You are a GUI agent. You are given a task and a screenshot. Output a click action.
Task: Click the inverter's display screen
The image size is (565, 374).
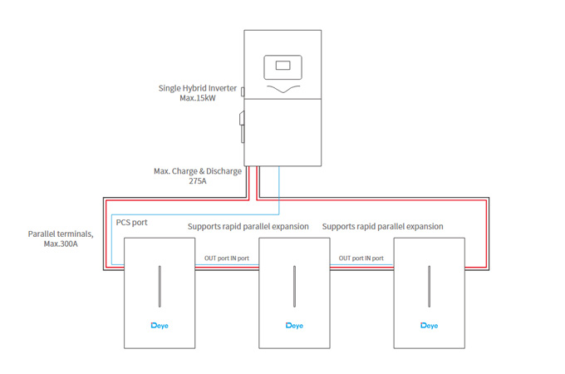click(x=282, y=65)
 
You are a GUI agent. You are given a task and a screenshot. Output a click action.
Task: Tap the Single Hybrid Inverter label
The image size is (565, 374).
click(x=198, y=87)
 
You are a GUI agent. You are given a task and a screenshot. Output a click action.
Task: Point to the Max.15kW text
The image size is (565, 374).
click(x=198, y=98)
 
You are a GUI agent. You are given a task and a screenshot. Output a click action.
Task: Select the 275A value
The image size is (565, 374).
click(x=198, y=182)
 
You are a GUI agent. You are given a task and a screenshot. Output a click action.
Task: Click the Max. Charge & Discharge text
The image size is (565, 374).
click(x=198, y=171)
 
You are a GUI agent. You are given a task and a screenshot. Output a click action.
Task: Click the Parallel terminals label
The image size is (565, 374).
click(x=61, y=234)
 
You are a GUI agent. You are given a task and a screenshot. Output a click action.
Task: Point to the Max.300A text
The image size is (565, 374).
click(x=61, y=245)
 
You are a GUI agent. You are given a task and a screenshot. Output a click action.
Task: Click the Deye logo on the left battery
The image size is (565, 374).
click(x=159, y=325)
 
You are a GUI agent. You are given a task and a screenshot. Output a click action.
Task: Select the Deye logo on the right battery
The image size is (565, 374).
click(x=428, y=325)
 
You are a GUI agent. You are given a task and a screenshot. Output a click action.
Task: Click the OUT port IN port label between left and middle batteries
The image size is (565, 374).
click(x=226, y=258)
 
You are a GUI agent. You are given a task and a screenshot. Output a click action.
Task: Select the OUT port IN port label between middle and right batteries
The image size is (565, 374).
click(x=361, y=258)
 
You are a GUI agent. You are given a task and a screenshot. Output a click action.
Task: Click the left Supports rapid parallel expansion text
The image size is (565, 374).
click(x=248, y=226)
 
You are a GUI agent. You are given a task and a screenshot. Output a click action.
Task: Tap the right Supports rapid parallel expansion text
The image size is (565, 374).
click(x=382, y=226)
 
